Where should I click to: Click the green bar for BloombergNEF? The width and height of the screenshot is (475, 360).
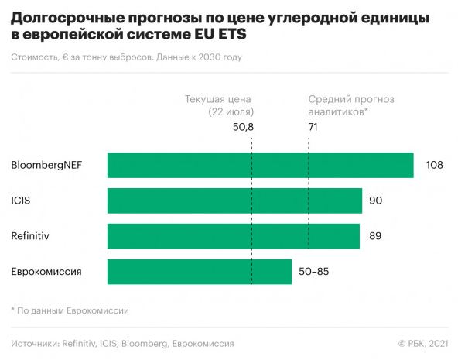point(260,166)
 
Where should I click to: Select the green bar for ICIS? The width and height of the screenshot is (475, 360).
point(234,201)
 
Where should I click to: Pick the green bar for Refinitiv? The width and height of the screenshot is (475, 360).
point(233,236)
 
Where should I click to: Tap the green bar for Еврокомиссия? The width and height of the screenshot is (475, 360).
point(200,272)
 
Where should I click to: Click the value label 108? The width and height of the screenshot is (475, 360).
point(434,166)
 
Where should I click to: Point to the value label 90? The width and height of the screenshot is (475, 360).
point(376,201)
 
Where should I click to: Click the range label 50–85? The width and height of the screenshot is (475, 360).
point(315,272)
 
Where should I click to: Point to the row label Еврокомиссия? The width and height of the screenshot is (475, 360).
point(47,272)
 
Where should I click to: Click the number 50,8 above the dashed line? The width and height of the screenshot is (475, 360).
point(243,126)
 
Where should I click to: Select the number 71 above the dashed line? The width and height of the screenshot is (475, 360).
point(313,126)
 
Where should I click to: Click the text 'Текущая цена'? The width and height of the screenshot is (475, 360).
point(219,99)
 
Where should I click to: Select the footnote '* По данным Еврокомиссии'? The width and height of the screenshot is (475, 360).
point(70,310)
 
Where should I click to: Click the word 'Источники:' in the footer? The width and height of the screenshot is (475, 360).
point(36,343)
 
